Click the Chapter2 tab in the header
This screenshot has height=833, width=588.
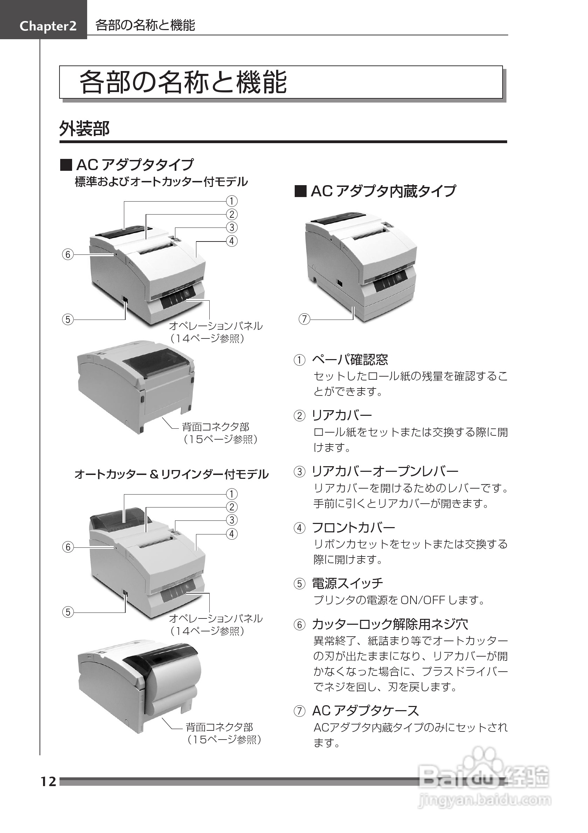(48, 26)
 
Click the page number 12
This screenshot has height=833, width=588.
(48, 782)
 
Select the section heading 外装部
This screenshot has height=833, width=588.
(84, 129)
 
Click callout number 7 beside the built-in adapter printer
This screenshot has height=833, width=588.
(304, 319)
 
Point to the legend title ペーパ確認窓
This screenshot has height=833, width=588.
(350, 359)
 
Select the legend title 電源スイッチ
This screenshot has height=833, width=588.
(347, 583)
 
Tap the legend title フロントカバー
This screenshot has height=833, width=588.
(353, 527)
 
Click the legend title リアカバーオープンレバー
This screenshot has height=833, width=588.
(385, 471)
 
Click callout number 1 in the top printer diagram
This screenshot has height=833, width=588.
(232, 201)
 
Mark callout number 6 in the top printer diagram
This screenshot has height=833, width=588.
(68, 255)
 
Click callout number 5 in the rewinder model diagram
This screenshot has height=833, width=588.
(68, 612)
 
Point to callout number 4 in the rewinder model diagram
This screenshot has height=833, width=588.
(232, 534)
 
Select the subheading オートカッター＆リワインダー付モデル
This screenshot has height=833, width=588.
(171, 475)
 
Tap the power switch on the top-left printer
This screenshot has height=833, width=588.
(126, 300)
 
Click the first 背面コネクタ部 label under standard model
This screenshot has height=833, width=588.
(216, 427)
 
